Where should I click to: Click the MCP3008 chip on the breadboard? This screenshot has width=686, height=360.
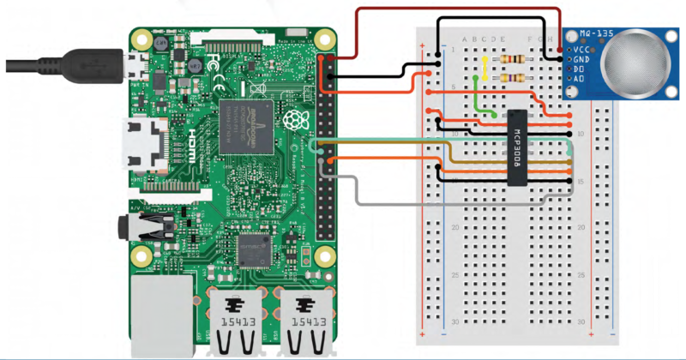(x=516, y=147)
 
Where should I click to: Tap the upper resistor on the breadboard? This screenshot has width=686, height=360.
(x=513, y=59)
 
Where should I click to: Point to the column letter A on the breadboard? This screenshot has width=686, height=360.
(x=464, y=39)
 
